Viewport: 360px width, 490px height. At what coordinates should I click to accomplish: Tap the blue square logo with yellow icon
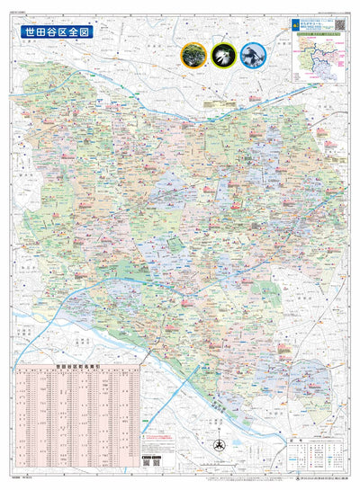[294, 23]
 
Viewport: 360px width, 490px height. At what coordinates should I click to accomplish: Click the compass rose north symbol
[217, 447]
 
